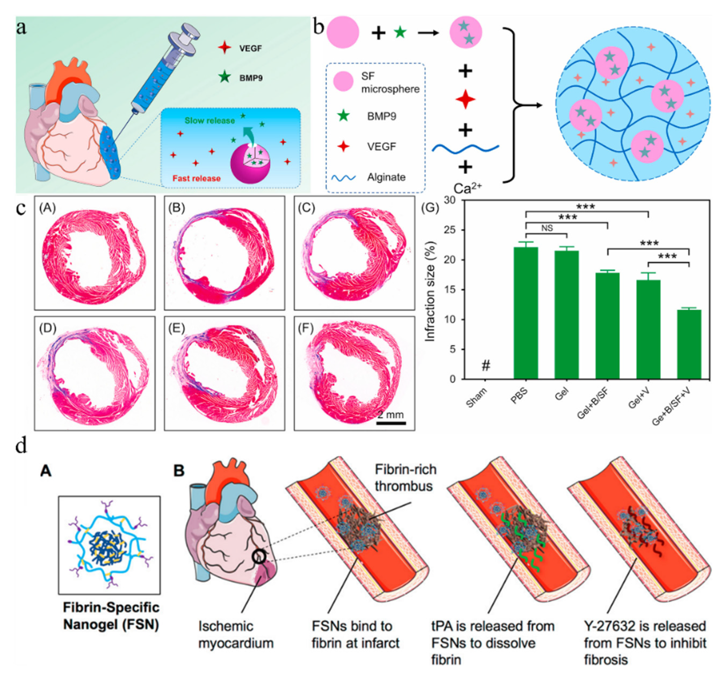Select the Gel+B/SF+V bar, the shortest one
click(x=689, y=344)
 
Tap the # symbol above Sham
click(x=486, y=365)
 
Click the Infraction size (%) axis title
click(x=431, y=291)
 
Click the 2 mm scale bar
click(x=391, y=423)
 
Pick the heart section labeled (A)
click(x=95, y=253)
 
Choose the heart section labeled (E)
click(x=224, y=373)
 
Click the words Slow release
click(x=209, y=121)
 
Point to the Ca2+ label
click(x=467, y=188)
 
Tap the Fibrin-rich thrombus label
click(x=405, y=478)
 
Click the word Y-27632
click(x=607, y=626)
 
